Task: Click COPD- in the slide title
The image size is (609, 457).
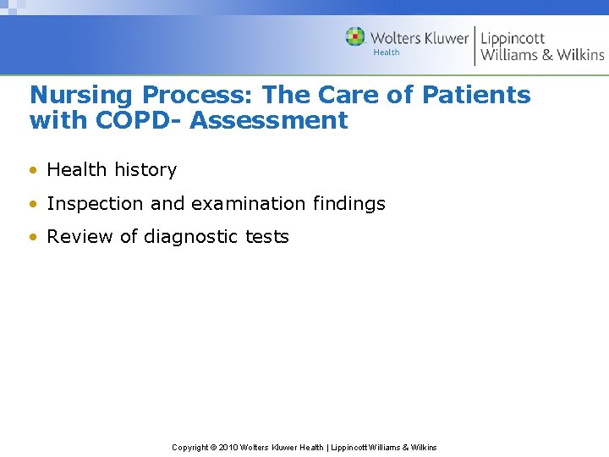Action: click(138, 120)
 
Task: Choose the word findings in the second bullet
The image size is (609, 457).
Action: click(350, 204)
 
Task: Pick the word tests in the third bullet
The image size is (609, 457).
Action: click(267, 237)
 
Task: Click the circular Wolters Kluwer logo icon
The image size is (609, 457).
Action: click(355, 37)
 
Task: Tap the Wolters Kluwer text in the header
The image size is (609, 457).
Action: click(420, 38)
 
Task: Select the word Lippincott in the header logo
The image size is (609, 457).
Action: click(513, 37)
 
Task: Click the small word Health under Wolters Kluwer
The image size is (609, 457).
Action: click(387, 52)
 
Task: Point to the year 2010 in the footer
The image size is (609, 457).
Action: click(228, 447)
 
